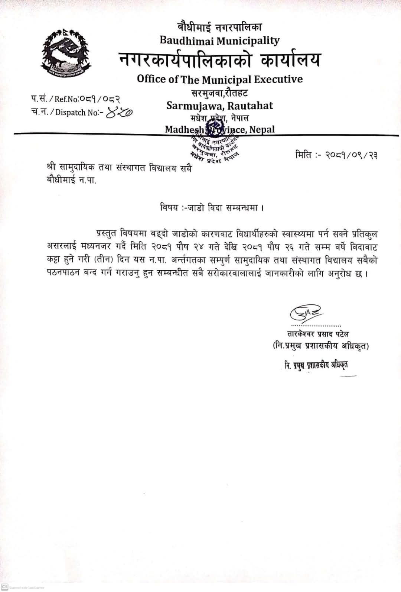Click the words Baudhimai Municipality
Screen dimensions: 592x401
[219, 41]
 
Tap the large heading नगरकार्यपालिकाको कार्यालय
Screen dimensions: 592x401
[219, 60]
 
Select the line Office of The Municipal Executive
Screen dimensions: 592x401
[219, 79]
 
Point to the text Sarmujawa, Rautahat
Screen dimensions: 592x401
[219, 106]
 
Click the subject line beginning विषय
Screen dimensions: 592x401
[212, 207]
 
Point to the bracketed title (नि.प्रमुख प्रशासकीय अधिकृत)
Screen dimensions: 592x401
[320, 346]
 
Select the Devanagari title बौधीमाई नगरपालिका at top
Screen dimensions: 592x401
[219, 27]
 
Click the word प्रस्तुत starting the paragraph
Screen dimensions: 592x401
[107, 234]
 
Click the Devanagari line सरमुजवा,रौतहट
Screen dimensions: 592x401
[219, 93]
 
